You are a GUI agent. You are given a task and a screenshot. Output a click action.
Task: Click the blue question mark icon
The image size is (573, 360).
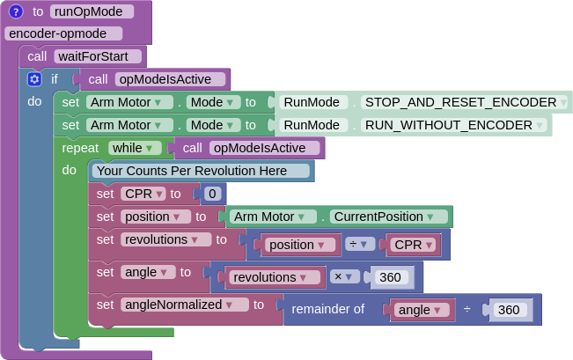pyautogui.click(x=16, y=11)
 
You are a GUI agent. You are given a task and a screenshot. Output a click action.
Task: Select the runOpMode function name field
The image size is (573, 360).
pyautogui.click(x=92, y=11)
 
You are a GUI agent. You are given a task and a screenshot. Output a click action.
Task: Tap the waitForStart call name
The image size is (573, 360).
pyautogui.click(x=98, y=56)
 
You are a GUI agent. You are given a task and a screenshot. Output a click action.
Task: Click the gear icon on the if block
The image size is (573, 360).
pyautogui.click(x=34, y=79)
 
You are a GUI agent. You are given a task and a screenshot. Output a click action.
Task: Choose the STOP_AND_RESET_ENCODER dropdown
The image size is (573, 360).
pyautogui.click(x=466, y=101)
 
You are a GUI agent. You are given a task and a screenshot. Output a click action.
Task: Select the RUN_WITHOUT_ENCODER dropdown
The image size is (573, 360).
pyautogui.click(x=454, y=125)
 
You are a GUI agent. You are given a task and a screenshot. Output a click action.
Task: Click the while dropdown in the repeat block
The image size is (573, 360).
pyautogui.click(x=135, y=148)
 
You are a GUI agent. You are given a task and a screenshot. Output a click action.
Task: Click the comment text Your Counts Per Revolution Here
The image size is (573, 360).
pyautogui.click(x=191, y=171)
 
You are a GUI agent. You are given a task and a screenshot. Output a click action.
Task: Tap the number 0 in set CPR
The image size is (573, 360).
pyautogui.click(x=211, y=194)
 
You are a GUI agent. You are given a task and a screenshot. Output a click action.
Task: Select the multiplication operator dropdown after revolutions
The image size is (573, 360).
pyautogui.click(x=345, y=277)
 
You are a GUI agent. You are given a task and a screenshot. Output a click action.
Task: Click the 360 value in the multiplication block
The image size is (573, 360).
pyautogui.click(x=390, y=277)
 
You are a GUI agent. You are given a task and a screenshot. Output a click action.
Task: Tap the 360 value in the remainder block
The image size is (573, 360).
pyautogui.click(x=509, y=310)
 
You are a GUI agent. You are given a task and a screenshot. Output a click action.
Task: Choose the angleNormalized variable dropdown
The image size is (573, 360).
pyautogui.click(x=185, y=305)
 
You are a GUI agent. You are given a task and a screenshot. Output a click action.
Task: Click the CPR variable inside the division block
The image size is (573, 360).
pyautogui.click(x=413, y=245)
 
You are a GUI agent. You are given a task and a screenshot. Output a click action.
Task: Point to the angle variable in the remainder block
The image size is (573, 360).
pyautogui.click(x=422, y=310)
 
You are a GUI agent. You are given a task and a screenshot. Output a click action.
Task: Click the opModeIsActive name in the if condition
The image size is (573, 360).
pyautogui.click(x=171, y=79)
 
